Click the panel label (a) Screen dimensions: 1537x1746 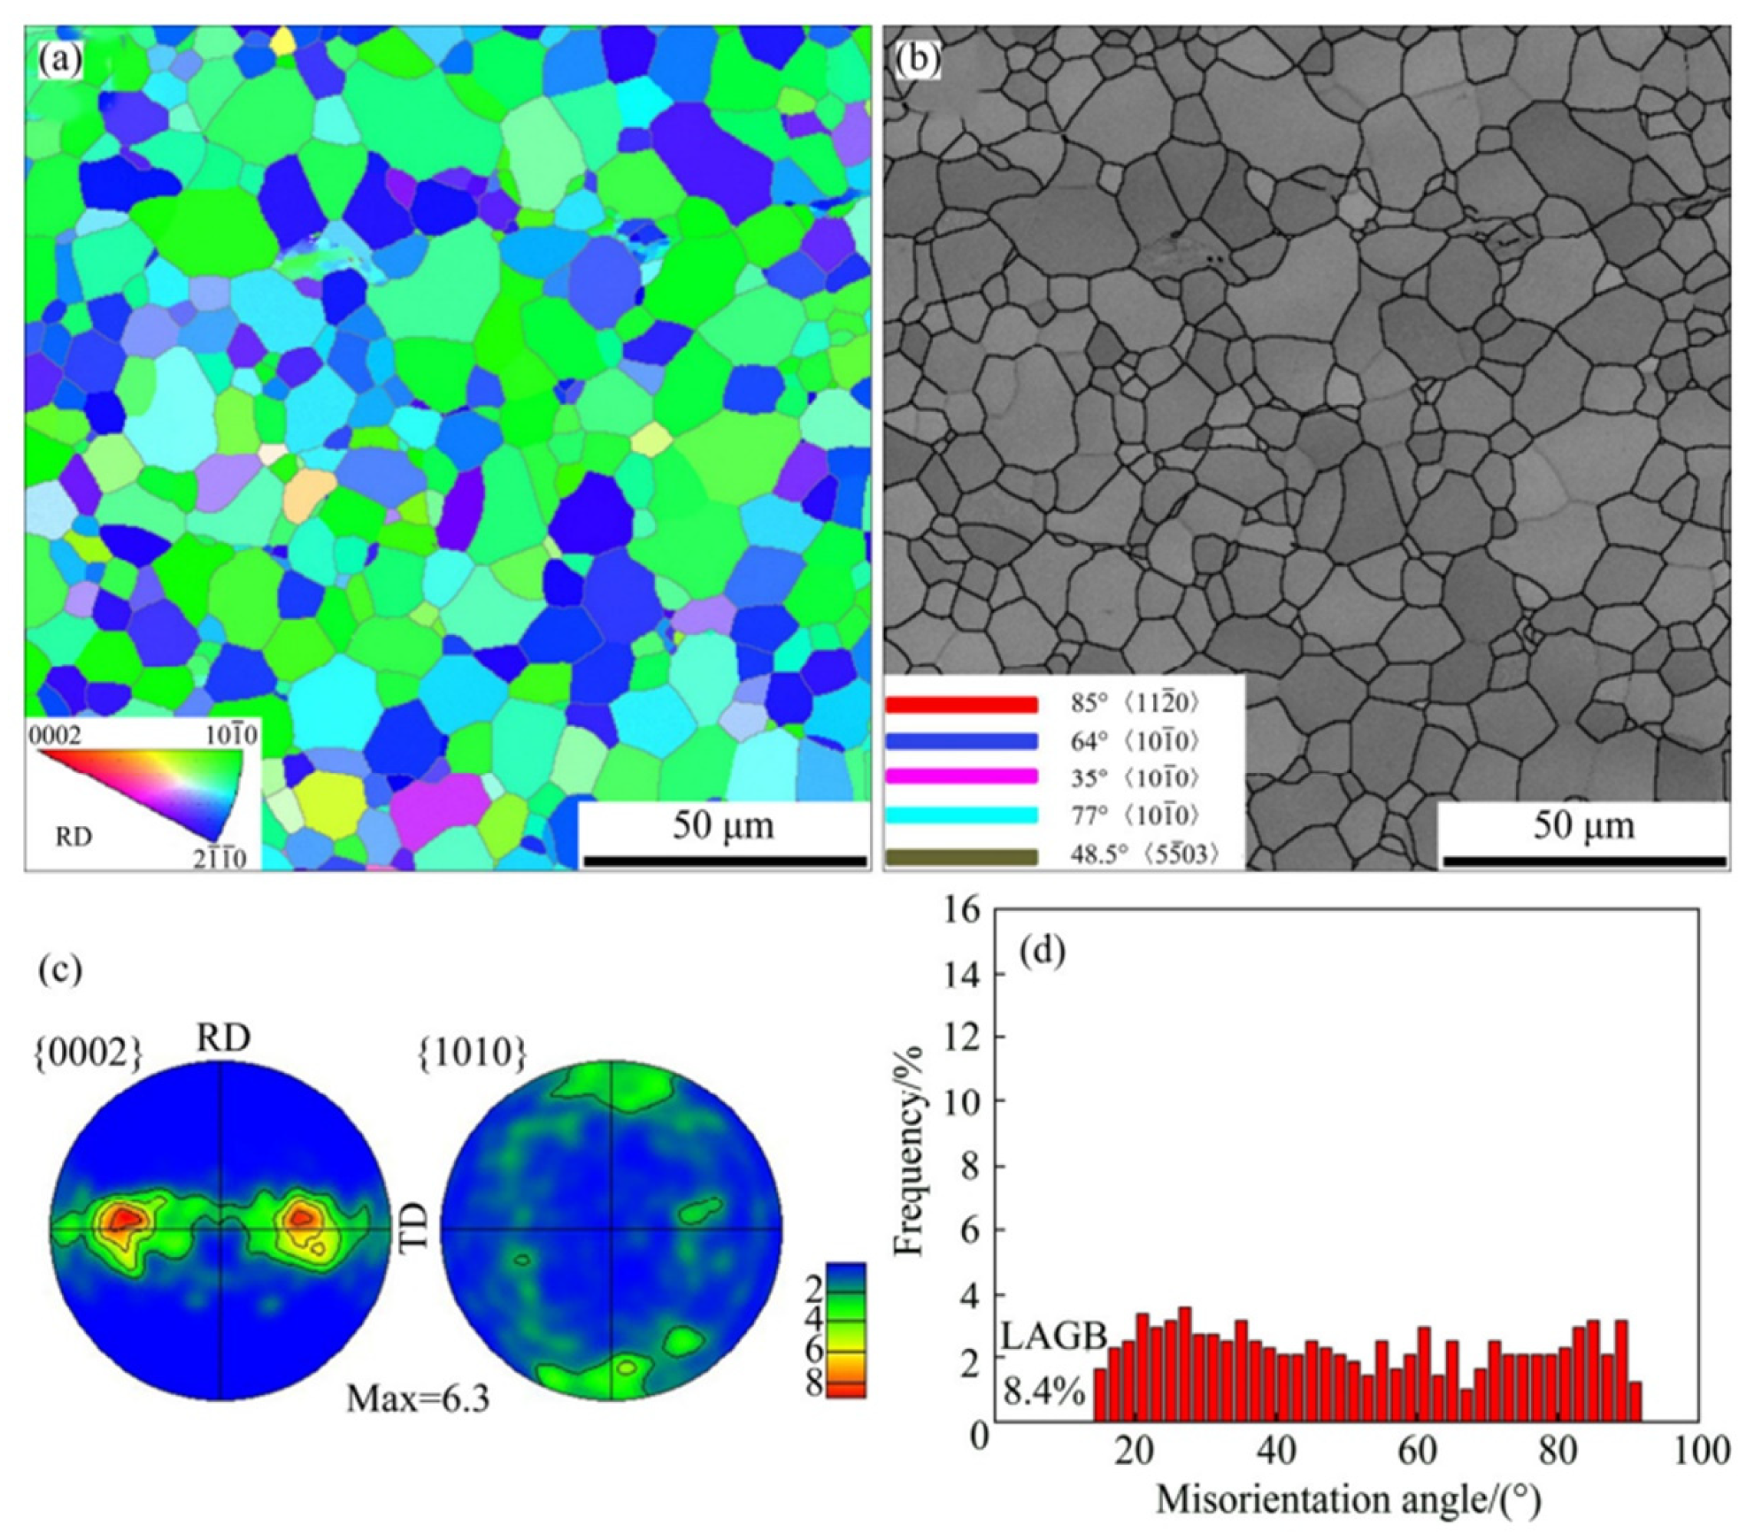click(x=61, y=59)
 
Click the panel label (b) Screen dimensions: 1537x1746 click(x=917, y=59)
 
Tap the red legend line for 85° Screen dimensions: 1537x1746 click(x=961, y=704)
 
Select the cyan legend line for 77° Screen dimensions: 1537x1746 click(x=961, y=815)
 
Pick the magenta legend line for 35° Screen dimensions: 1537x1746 click(x=961, y=777)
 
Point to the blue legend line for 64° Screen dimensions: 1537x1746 click(x=961, y=741)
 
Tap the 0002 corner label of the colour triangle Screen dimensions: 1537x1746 click(x=56, y=736)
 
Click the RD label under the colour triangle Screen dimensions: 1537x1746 click(x=74, y=837)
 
